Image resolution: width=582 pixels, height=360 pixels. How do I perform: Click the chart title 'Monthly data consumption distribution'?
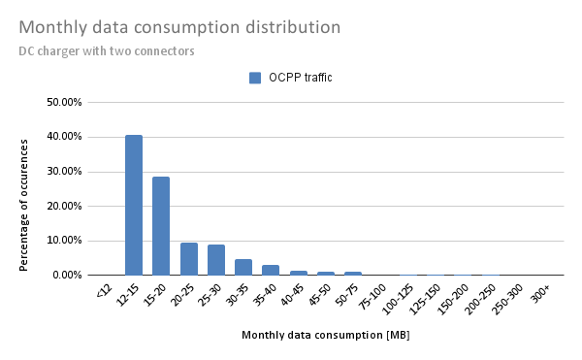click(179, 27)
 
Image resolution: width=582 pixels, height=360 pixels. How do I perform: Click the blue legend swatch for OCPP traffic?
click(255, 78)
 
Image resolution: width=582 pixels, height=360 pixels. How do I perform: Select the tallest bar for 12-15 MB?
click(134, 205)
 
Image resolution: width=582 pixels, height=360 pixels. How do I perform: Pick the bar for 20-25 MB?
click(189, 258)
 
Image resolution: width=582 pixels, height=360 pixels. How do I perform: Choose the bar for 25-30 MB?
click(216, 259)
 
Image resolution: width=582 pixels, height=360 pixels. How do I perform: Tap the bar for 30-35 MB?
click(243, 267)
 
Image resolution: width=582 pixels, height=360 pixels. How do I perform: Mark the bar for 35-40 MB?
click(271, 270)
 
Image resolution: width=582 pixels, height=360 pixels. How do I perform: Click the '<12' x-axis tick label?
click(105, 290)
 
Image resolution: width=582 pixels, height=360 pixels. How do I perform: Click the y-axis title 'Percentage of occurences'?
click(23, 189)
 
